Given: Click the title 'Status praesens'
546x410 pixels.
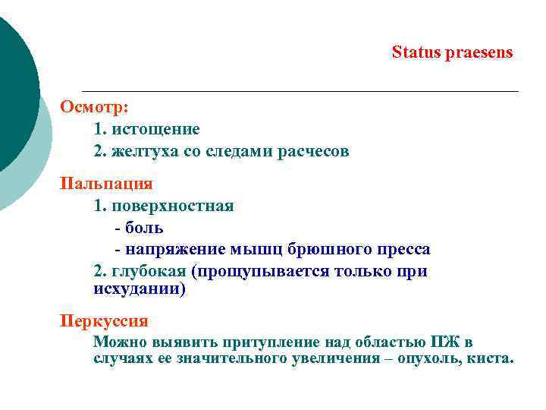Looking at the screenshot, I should [452, 52].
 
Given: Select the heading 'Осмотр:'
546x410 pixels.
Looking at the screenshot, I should [95, 106].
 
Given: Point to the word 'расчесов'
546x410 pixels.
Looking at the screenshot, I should [312, 151].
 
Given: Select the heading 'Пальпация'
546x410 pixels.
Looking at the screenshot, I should [106, 183].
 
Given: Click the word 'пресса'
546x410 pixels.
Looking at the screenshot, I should [403, 249].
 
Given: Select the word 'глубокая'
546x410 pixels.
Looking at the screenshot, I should [147, 271].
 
